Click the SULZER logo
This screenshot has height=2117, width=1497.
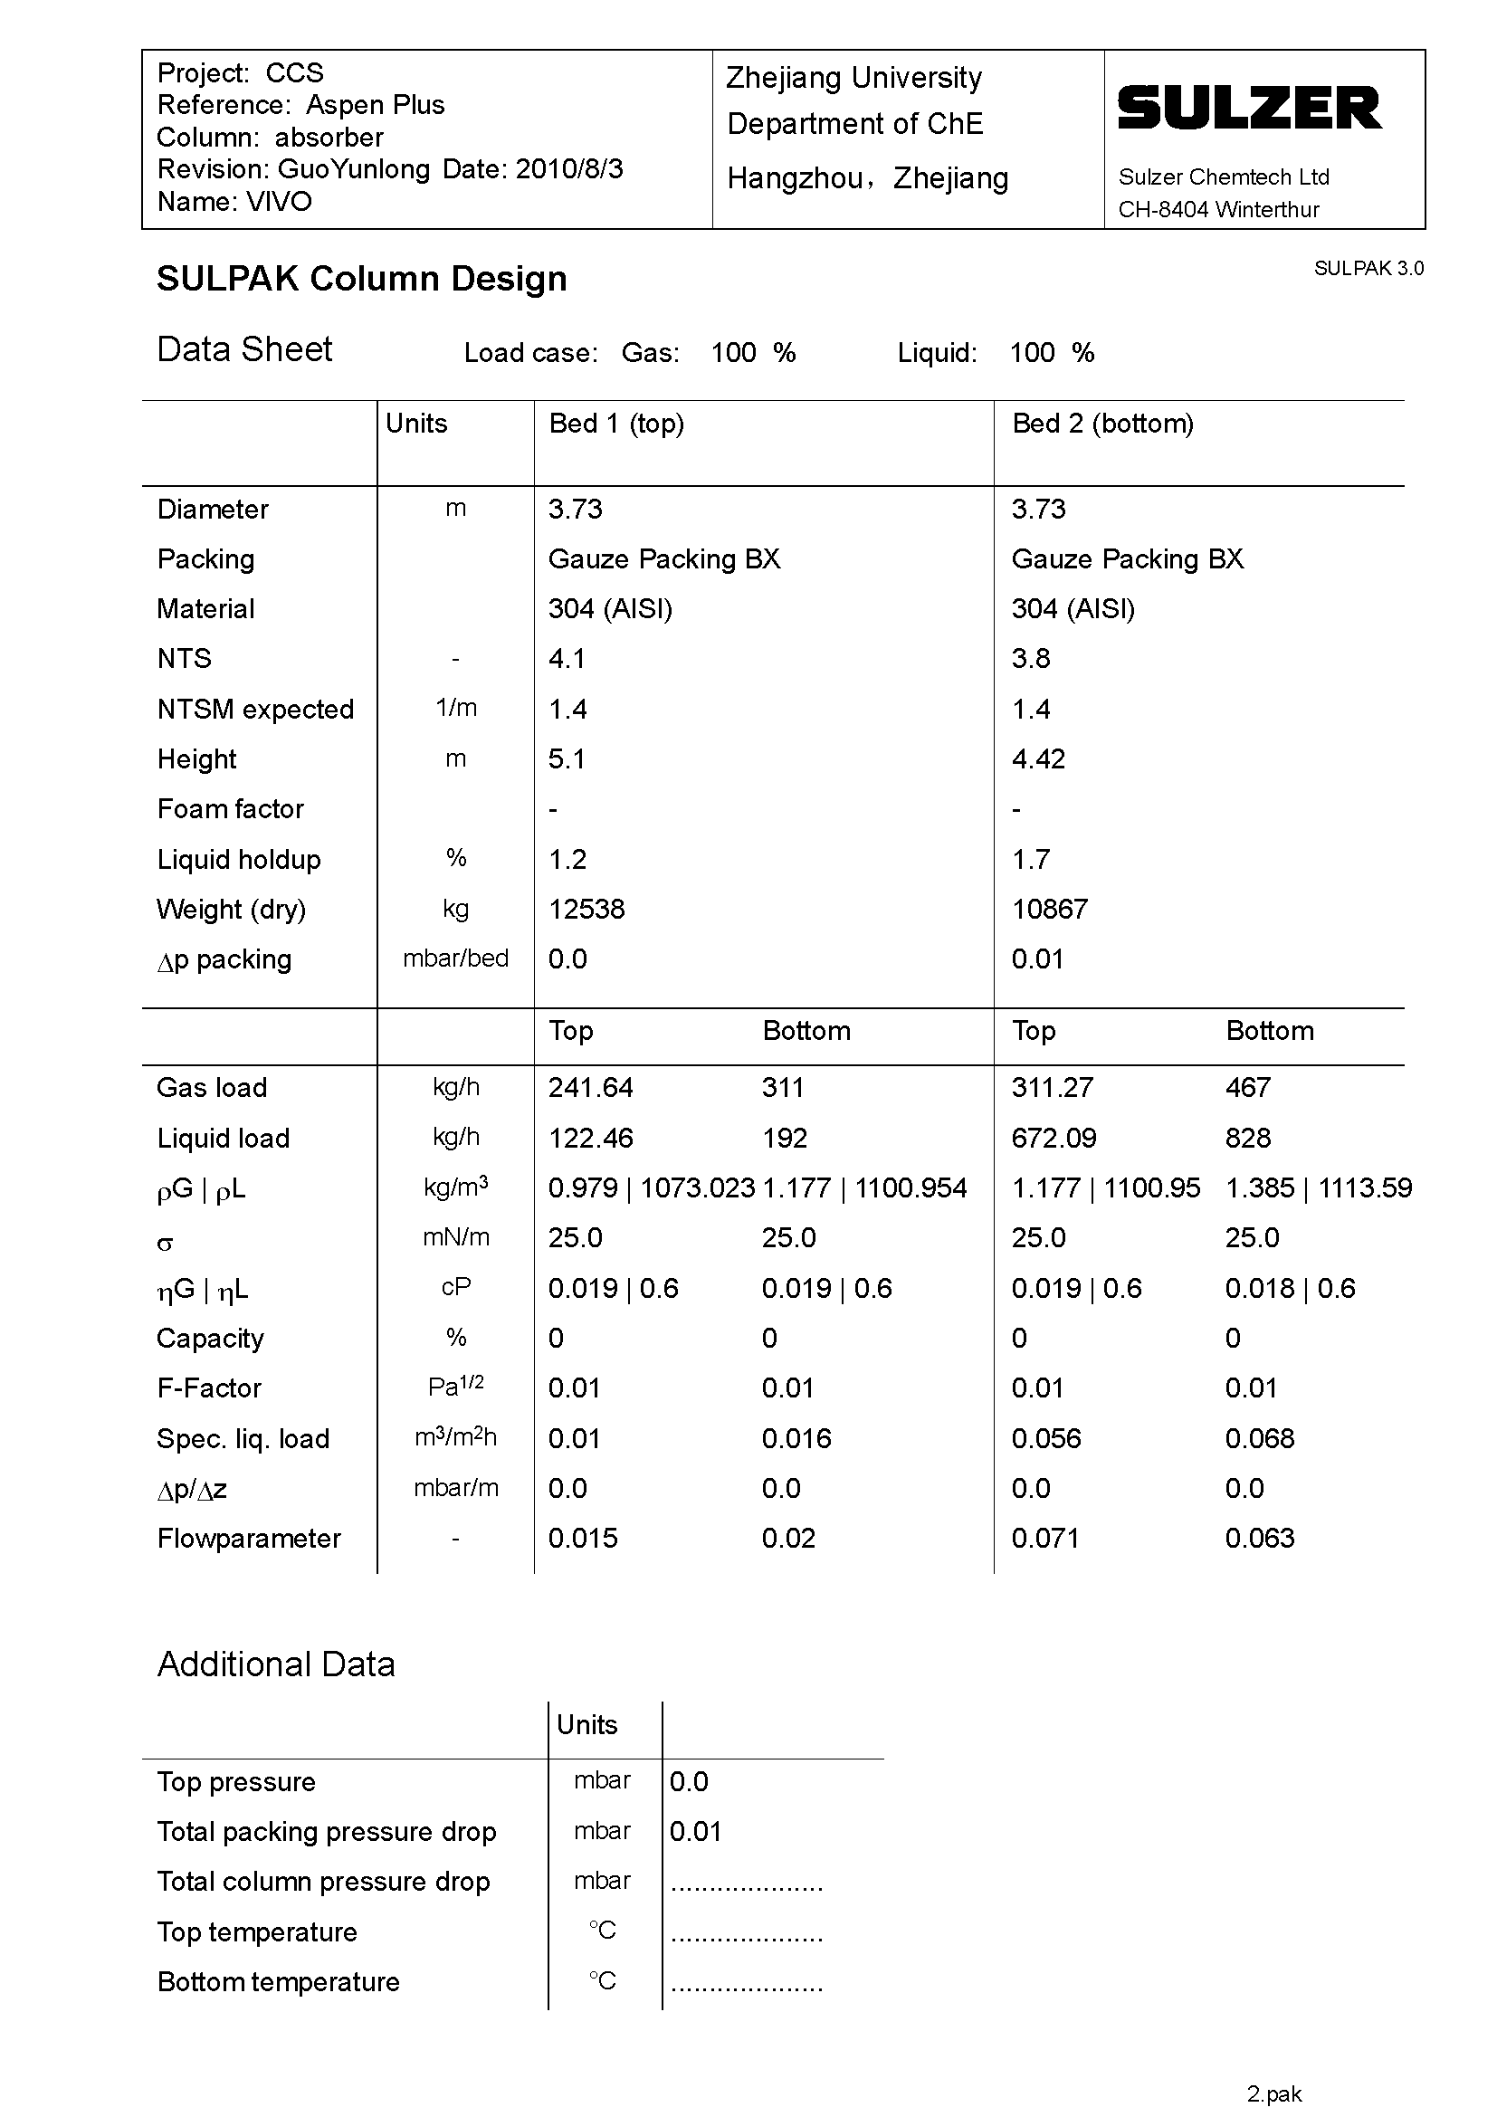pos(1250,108)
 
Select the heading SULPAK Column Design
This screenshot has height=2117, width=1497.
pos(361,279)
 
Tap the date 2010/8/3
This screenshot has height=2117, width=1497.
pos(568,169)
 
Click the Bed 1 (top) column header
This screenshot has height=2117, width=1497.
pos(615,424)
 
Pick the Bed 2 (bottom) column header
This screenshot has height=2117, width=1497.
pos(1102,424)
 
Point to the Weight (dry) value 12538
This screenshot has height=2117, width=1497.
pos(586,909)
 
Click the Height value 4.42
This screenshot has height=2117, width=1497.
pos(1038,758)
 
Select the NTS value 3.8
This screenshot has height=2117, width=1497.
pos(1031,658)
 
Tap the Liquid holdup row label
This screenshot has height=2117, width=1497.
pos(239,859)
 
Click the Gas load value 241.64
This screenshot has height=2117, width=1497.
pos(590,1088)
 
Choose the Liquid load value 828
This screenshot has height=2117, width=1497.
pos(1247,1138)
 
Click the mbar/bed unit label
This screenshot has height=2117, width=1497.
pos(455,958)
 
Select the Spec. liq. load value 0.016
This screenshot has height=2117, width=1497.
pos(796,1438)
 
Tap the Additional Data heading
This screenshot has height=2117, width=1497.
pos(276,1664)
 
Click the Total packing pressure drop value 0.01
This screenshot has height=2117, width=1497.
pos(695,1831)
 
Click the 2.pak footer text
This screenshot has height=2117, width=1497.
pos(1274,2094)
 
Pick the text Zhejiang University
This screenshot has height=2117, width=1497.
pos(853,78)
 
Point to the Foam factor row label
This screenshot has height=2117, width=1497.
pos(231,808)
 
